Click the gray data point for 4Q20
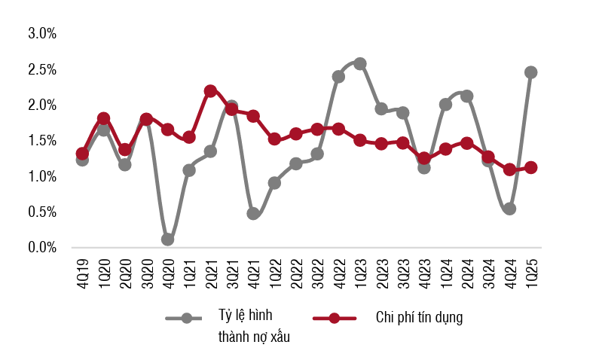[x=167, y=239]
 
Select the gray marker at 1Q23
[x=360, y=63]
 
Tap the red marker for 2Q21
[x=210, y=91]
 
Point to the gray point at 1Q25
[x=530, y=72]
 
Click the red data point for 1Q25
[x=530, y=167]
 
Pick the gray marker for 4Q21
[x=253, y=214]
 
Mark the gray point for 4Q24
[x=509, y=209]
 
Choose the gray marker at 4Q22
[x=338, y=77]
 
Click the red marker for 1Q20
[x=103, y=118]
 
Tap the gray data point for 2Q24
[x=466, y=96]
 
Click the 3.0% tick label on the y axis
[x=42, y=33]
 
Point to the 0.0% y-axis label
[x=42, y=247]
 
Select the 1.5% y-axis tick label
[x=42, y=140]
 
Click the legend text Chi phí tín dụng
[x=419, y=317]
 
